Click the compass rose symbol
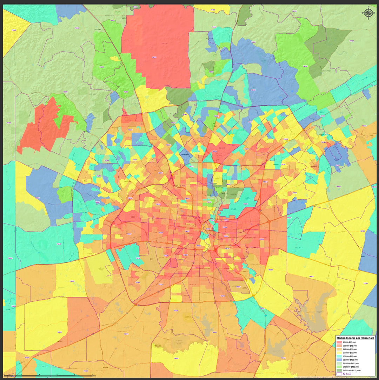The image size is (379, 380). tap(368, 13)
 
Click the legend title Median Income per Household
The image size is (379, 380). tap(355, 338)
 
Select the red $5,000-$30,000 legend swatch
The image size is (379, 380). tap(339, 342)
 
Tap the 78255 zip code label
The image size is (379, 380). tap(101, 67)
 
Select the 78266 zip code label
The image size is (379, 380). tap(305, 66)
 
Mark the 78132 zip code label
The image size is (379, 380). tap(352, 41)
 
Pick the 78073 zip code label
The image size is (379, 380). tap(126, 334)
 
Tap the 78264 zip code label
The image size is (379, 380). tap(176, 359)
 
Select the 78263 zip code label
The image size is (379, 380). tap(311, 277)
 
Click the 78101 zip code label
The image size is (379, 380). tap(365, 283)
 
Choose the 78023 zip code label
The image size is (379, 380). tap(65, 92)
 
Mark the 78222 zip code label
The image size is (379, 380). tap(270, 269)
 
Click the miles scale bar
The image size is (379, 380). tap(49, 376)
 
